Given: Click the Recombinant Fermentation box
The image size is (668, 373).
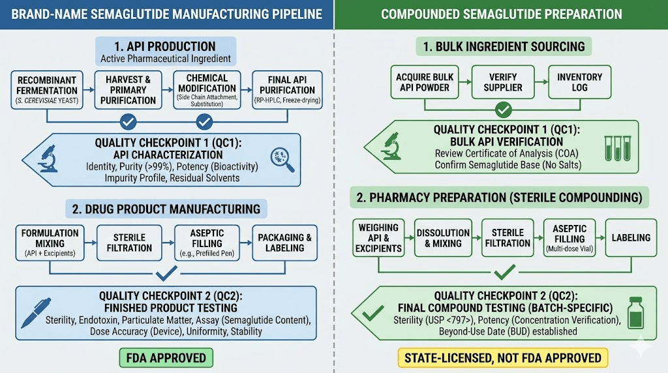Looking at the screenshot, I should pos(46,90).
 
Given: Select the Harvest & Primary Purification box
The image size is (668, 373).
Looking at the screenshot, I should pos(128,90).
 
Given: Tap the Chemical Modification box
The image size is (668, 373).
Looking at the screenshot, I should pos(207,90).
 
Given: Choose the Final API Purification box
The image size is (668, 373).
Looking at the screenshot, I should pos(288,90).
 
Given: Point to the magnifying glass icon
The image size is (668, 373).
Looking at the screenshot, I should pos(282,159).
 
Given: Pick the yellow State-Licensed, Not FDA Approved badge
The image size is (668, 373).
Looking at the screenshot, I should pos(503,357).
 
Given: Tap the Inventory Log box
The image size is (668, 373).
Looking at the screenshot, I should pos(579,82).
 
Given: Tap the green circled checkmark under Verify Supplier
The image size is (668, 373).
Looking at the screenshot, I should pos(503,110).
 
